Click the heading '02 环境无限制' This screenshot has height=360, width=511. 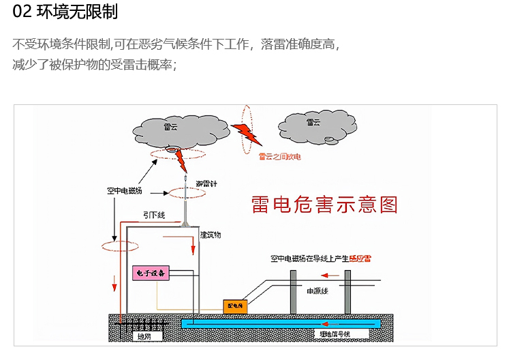click(61, 13)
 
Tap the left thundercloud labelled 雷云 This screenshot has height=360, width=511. click(169, 129)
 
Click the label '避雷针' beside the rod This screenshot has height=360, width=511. click(207, 184)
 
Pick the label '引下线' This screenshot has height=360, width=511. click(155, 215)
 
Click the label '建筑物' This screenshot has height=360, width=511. click(211, 235)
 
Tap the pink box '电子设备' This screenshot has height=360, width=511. click(149, 273)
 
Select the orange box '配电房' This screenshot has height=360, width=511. click(234, 307)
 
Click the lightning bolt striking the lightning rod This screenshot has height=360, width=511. click(181, 161)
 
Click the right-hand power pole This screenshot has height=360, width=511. click(347, 292)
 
